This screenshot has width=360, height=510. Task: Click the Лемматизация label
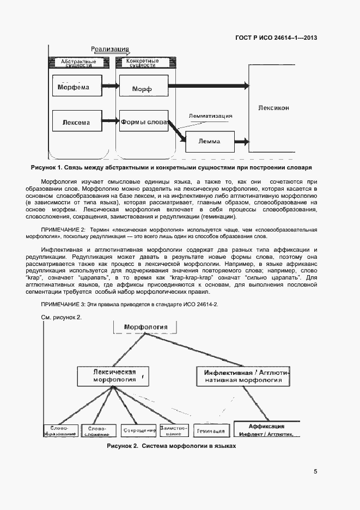click(211, 116)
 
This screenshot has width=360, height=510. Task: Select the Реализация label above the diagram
click(110, 48)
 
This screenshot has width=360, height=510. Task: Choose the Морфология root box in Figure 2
click(146, 327)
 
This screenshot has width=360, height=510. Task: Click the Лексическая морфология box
click(114, 375)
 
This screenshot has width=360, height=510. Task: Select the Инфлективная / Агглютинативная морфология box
click(243, 375)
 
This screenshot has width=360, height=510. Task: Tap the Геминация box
click(209, 430)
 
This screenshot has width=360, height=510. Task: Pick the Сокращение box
click(137, 430)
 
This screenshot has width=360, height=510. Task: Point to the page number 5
click(315, 472)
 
